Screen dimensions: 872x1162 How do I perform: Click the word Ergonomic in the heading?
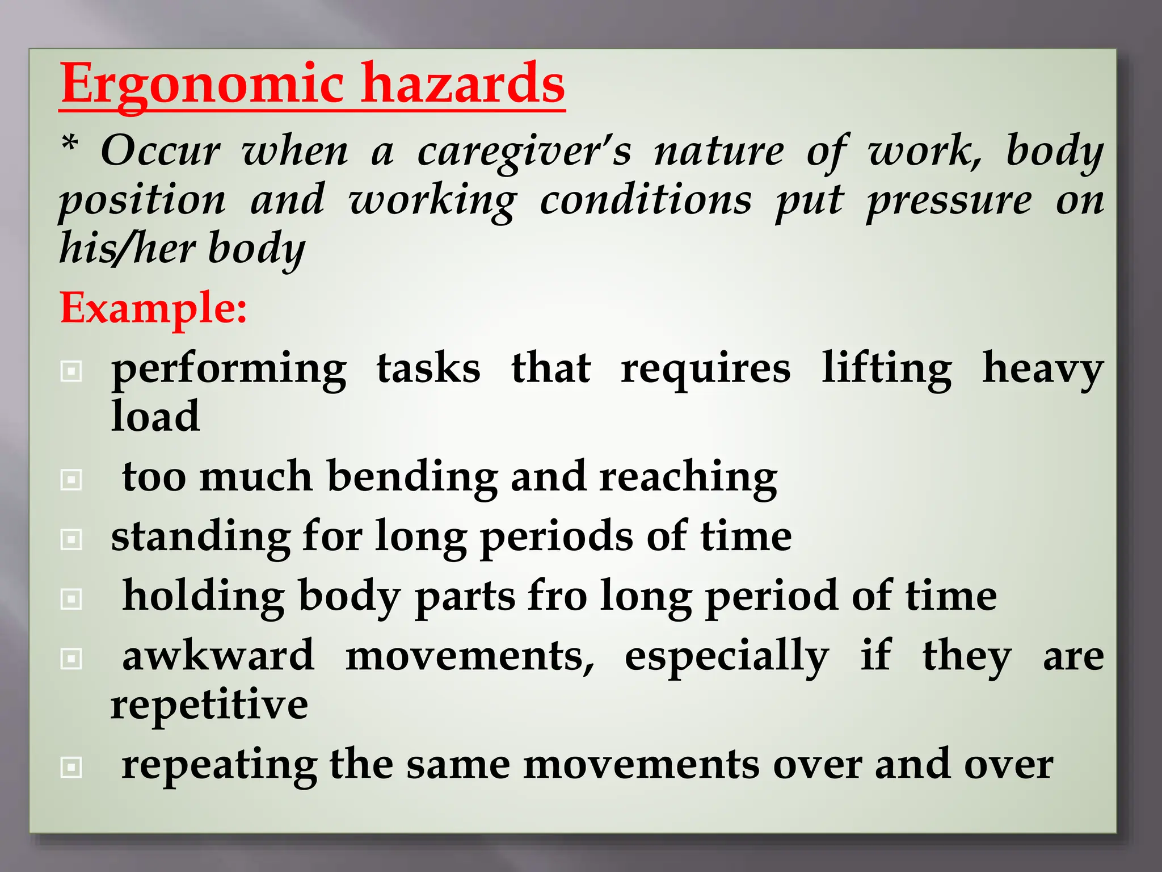pyautogui.click(x=202, y=85)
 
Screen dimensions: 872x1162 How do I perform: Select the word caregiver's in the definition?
pyautogui.click(x=524, y=152)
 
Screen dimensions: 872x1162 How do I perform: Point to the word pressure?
pyautogui.click(x=949, y=202)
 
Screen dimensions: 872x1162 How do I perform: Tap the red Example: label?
pyautogui.click(x=153, y=308)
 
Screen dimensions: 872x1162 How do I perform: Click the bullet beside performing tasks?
pyautogui.click(x=71, y=372)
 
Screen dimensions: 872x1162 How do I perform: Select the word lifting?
pyautogui.click(x=887, y=369)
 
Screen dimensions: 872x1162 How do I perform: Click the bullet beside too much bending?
pyautogui.click(x=71, y=480)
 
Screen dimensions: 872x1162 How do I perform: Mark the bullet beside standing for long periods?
pyautogui.click(x=71, y=539)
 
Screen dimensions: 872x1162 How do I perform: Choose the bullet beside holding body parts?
pyautogui.click(x=71, y=599)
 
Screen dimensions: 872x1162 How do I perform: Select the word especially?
pyautogui.click(x=727, y=657)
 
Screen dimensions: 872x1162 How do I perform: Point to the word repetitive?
pyautogui.click(x=209, y=705)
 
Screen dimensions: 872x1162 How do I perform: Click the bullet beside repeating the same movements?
pyautogui.click(x=71, y=768)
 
